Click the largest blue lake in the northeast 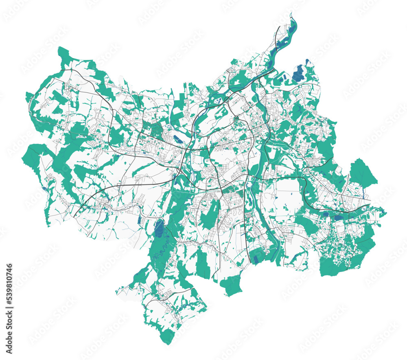299,73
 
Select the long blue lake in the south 158,228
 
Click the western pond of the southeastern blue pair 326,214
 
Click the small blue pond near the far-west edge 44,189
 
